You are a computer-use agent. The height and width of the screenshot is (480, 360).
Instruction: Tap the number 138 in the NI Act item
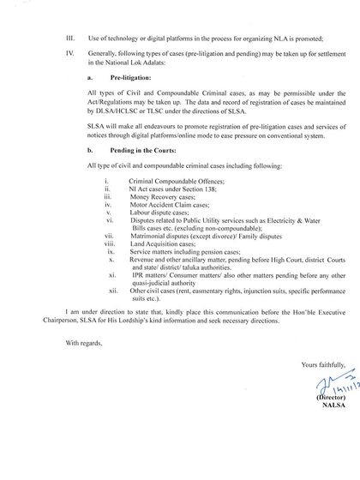(194, 213)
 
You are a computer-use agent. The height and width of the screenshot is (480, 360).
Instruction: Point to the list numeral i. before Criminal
(105, 206)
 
